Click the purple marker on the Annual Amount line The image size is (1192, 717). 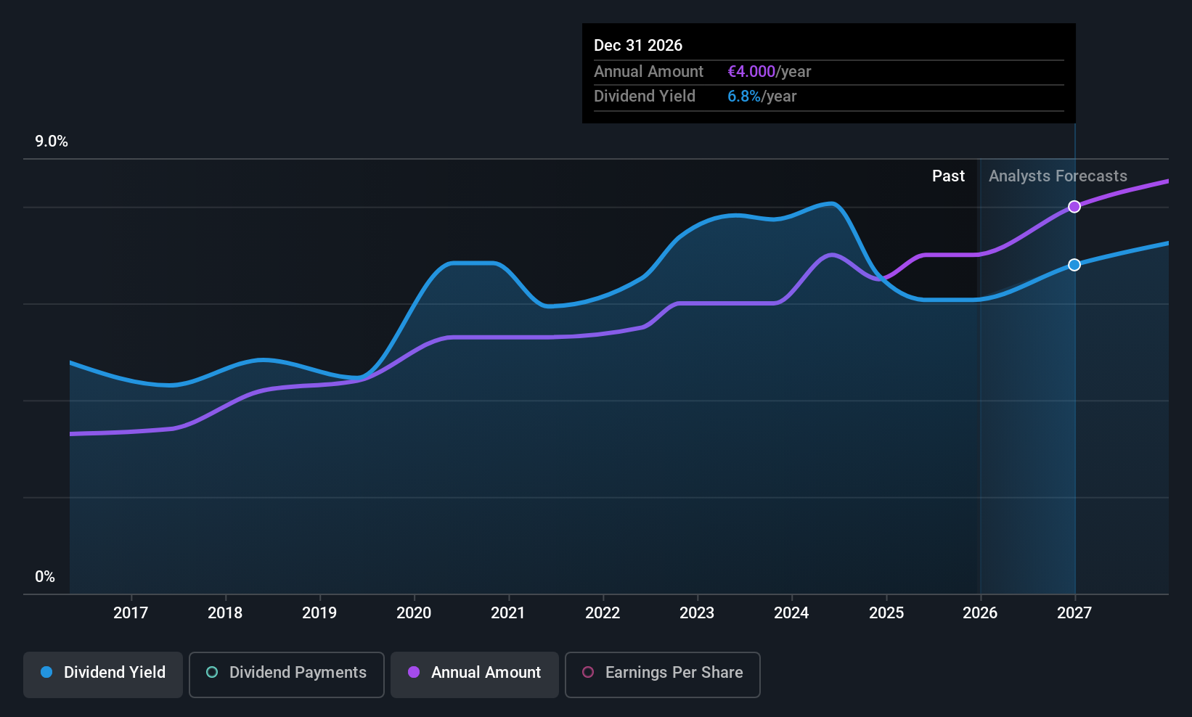tap(1074, 207)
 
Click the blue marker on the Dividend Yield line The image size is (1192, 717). tap(1074, 265)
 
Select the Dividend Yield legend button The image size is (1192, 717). tap(103, 673)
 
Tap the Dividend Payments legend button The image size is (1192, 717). tap(287, 673)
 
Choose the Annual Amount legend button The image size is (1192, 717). tap(475, 673)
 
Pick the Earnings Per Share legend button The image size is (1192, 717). tap(662, 673)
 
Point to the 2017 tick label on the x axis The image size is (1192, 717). tap(131, 613)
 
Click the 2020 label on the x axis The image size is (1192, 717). tap(414, 613)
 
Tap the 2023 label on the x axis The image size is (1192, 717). tap(697, 613)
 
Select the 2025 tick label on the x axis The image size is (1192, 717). tap(886, 613)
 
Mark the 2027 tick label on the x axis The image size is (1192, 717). tap(1074, 613)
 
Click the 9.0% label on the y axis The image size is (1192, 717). tap(52, 142)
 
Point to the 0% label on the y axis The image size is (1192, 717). tap(45, 577)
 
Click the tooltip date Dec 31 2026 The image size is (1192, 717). tap(638, 46)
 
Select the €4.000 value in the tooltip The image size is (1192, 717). tap(751, 72)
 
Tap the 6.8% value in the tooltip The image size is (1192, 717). tap(744, 97)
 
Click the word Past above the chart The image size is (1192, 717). tap(948, 176)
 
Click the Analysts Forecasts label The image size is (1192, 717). tap(1058, 176)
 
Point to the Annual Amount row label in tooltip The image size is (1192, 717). tap(648, 72)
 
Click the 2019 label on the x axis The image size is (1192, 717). tap(319, 613)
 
